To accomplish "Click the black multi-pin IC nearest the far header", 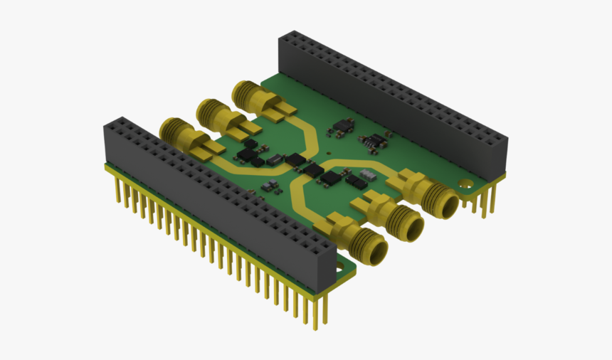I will click(372, 142).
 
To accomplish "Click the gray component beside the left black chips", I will click(273, 160).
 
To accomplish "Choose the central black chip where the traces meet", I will click(311, 169).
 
